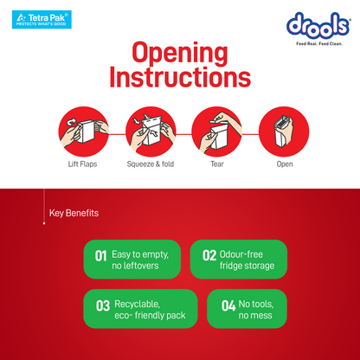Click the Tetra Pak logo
(x=42, y=20)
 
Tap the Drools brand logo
(x=318, y=25)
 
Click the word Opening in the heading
(x=180, y=54)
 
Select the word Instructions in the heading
(x=180, y=76)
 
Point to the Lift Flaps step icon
(x=84, y=132)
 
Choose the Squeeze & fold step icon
(x=151, y=132)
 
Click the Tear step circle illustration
(x=217, y=132)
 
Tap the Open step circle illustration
(x=284, y=132)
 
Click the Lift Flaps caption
(x=82, y=164)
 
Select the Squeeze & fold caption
(x=151, y=164)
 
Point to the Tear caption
(x=217, y=164)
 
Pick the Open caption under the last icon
(x=285, y=164)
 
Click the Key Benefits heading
(x=74, y=213)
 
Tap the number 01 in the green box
(x=101, y=256)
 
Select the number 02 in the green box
(x=209, y=255)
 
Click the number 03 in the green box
(x=103, y=305)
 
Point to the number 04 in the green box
(x=228, y=305)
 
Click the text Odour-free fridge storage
(x=247, y=260)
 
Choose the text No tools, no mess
(x=256, y=310)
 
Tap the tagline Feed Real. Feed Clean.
(x=319, y=44)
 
